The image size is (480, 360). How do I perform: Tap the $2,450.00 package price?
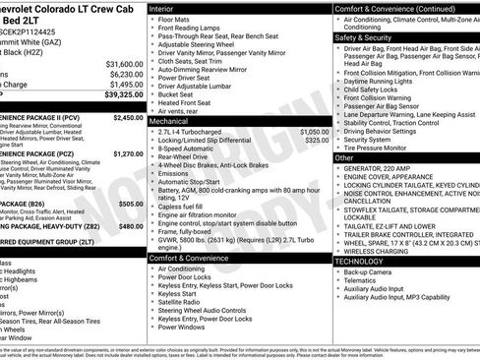click(128, 117)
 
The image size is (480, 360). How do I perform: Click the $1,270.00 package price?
click(128, 154)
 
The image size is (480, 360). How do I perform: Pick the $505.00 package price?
click(131, 204)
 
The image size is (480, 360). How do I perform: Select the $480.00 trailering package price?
click(131, 226)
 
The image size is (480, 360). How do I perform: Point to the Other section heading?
click(344, 157)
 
